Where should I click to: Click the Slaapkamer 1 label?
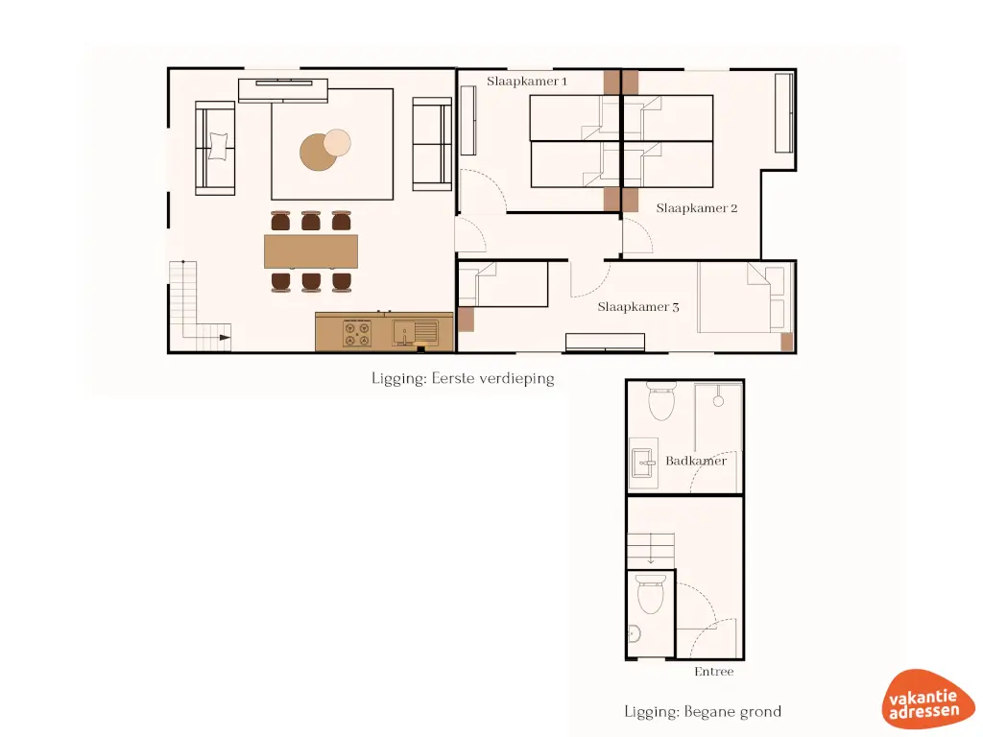(x=527, y=82)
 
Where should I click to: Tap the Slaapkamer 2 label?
(x=696, y=207)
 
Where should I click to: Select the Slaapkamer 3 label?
(x=638, y=307)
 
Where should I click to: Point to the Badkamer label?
(x=696, y=461)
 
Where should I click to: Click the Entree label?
(x=713, y=672)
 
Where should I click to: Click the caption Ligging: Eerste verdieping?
(x=463, y=378)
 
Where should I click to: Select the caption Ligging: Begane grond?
(x=703, y=711)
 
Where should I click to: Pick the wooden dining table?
(x=310, y=251)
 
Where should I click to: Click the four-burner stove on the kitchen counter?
(x=357, y=333)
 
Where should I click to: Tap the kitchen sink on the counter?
(x=414, y=333)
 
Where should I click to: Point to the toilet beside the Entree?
(x=651, y=595)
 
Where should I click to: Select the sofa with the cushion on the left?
(x=216, y=148)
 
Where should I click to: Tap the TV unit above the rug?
(x=283, y=90)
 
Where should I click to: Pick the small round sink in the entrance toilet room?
(x=634, y=633)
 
